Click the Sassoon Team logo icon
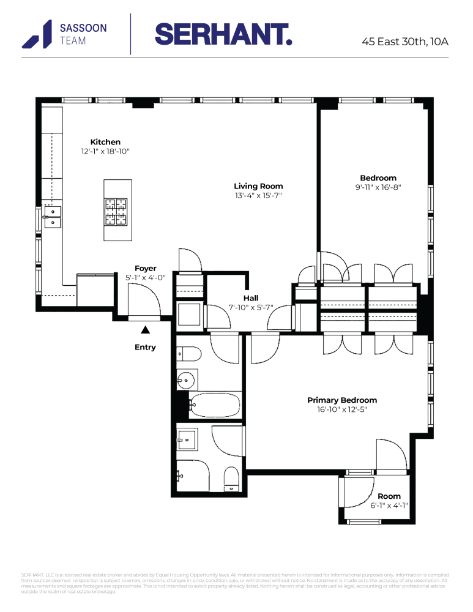pos(38,34)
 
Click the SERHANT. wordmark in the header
pos(223,34)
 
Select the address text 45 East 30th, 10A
pos(405,42)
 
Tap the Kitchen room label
pos(105,142)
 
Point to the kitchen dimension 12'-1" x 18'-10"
pos(105,151)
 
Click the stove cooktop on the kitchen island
pos(117,212)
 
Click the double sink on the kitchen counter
pos(53,216)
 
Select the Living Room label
pos(258,186)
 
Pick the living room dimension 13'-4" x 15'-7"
pos(258,196)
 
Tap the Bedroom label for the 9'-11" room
pos(378,178)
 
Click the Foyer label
pos(146,268)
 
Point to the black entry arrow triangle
pos(145,330)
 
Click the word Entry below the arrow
pos(145,347)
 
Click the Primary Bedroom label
pos(342,400)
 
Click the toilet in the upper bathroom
pos(190,354)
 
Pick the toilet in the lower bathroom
pos(231,479)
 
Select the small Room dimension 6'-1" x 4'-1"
pos(389,506)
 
